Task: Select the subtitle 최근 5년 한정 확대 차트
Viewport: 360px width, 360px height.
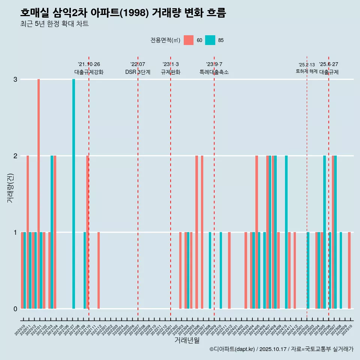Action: [x=54, y=24]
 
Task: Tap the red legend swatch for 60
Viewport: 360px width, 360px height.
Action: [x=189, y=40]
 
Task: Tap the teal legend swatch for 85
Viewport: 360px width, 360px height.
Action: [x=210, y=40]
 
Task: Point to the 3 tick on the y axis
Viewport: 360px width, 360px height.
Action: [x=15, y=79]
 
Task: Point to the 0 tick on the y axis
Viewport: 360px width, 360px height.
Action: [x=15, y=309]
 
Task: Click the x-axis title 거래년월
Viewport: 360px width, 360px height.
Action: [x=187, y=340]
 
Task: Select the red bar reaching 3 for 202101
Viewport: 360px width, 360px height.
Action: [x=39, y=193]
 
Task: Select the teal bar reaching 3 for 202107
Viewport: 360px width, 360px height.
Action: [x=74, y=193]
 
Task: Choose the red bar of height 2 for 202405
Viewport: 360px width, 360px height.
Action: [x=257, y=232]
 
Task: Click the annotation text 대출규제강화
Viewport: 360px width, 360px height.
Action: [x=89, y=72]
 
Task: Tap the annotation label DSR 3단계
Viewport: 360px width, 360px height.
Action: [x=138, y=72]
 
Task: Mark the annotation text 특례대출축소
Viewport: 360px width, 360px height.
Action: [x=214, y=72]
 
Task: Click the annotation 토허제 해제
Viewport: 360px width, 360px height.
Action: [x=307, y=71]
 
